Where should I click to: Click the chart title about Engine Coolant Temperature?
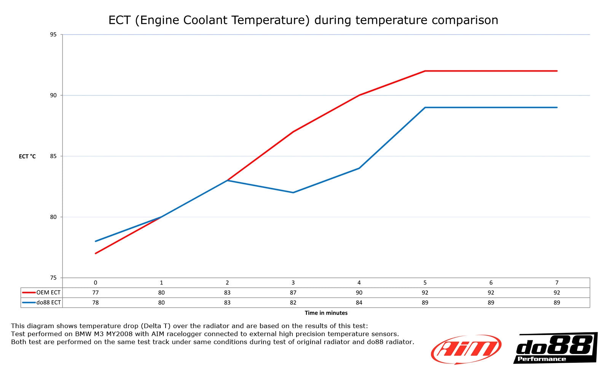303,20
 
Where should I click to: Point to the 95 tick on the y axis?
53,35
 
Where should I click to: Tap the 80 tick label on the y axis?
53,217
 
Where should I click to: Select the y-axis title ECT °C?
27,156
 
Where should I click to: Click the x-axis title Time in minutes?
326,313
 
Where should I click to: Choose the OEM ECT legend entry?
42,293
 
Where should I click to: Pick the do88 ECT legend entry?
42,303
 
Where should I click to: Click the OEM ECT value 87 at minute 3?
293,293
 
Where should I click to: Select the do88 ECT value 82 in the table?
293,303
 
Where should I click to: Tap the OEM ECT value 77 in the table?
96,293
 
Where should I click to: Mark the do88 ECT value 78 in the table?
96,303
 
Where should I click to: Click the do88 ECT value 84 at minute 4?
359,303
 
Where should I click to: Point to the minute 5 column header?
425,283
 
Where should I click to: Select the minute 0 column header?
96,283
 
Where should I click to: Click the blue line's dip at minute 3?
293,192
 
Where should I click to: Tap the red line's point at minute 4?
359,95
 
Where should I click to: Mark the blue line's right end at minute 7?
556,107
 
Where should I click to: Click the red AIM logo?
466,349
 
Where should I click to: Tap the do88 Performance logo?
555,348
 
